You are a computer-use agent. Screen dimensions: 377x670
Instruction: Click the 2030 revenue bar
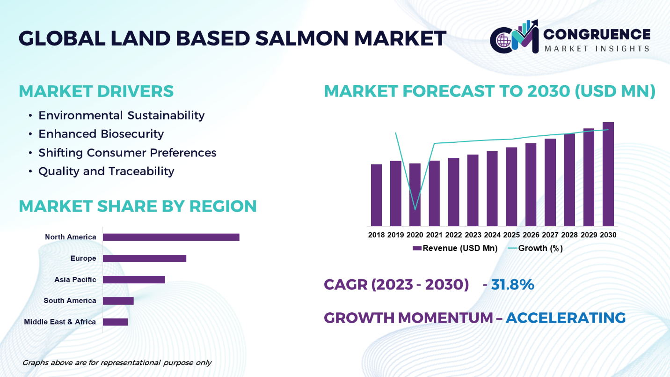point(608,174)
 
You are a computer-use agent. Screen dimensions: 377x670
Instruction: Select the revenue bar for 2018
point(376,195)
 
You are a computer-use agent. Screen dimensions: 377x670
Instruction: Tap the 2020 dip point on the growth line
point(415,209)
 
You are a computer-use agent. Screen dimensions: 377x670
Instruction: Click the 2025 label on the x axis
point(511,235)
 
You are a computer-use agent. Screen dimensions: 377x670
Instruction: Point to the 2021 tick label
point(434,235)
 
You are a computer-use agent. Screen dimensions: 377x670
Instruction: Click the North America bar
point(171,237)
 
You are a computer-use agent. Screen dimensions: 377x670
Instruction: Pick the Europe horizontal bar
point(145,259)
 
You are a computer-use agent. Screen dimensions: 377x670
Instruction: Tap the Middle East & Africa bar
point(115,322)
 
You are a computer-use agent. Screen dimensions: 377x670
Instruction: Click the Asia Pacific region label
point(75,280)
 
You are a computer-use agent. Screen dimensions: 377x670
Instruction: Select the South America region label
point(70,301)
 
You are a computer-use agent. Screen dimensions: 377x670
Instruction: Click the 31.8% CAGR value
point(512,284)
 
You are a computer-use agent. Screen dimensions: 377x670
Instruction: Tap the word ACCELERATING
point(566,318)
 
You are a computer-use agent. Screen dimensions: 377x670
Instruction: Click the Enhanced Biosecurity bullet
point(101,134)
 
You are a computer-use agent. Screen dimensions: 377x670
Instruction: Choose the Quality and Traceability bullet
point(106,171)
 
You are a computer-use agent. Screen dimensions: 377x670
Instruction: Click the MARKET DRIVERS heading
point(96,91)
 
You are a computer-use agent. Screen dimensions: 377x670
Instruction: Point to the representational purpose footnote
point(117,362)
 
